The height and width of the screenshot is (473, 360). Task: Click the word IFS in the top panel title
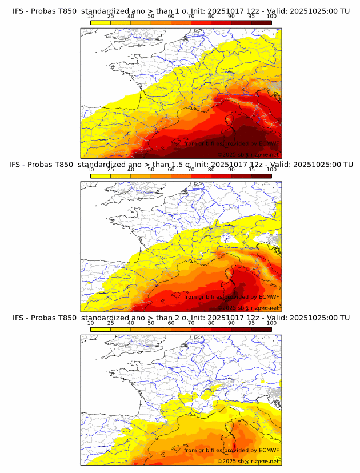click(19, 11)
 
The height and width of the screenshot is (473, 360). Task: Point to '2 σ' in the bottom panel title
click(181, 318)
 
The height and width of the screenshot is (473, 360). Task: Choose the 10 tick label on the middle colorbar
click(90, 170)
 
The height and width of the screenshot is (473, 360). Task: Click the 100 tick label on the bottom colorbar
click(271, 323)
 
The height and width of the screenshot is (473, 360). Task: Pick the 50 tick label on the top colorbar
click(151, 17)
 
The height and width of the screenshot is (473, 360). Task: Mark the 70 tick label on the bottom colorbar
click(191, 323)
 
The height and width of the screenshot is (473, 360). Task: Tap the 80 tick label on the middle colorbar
click(211, 170)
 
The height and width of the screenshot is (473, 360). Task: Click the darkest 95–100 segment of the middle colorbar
click(261, 175)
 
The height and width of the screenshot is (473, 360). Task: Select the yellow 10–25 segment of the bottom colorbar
click(101, 328)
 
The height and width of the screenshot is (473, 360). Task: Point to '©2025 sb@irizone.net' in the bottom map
click(248, 460)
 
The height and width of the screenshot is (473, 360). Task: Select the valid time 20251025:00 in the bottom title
click(317, 318)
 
